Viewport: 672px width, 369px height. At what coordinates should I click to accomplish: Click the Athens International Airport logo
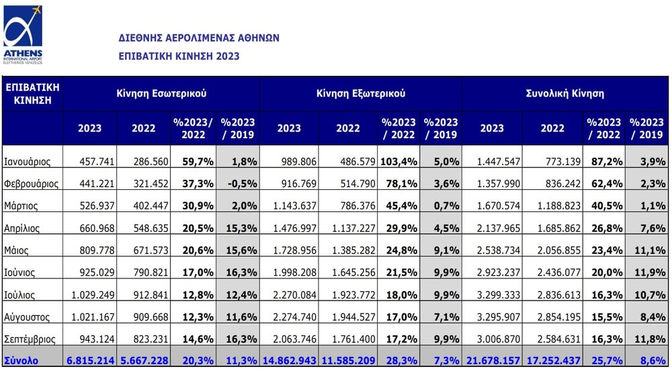(23, 35)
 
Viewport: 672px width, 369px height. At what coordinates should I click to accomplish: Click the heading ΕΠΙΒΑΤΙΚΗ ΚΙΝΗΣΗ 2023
(179, 56)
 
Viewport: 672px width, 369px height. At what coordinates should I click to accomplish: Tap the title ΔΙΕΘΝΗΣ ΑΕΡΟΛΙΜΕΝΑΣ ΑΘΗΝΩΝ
(199, 38)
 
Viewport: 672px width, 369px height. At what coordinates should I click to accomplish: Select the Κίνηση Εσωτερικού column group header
(161, 94)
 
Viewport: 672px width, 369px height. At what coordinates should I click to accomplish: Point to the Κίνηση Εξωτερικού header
(361, 94)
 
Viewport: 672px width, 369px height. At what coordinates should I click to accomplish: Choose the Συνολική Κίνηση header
(565, 94)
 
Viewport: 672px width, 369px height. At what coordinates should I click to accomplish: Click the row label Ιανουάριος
(27, 162)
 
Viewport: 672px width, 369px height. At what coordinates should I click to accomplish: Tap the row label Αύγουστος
(27, 317)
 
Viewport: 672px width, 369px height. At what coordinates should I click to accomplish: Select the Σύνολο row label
(21, 360)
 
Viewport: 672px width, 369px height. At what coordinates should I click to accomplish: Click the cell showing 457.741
(97, 162)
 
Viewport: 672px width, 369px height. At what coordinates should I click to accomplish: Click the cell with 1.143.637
(295, 206)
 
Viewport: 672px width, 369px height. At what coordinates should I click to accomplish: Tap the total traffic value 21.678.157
(493, 361)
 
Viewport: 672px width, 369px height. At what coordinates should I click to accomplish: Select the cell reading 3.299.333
(499, 295)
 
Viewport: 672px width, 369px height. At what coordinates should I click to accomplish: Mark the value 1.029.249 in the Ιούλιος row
(93, 295)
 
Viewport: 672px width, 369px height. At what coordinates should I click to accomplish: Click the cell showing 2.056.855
(559, 250)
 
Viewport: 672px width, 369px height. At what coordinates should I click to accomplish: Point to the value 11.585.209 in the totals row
(347, 361)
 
